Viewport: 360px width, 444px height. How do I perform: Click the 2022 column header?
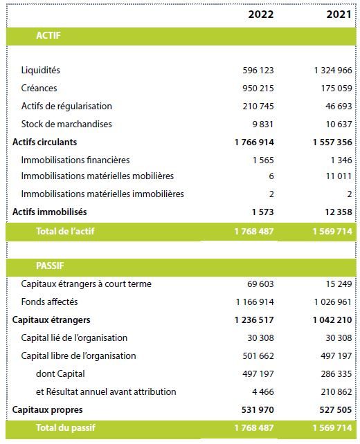coord(261,14)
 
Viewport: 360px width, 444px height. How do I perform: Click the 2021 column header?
coord(339,14)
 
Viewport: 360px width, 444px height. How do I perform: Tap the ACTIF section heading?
coord(48,35)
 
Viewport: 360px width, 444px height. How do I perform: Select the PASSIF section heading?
coord(50,266)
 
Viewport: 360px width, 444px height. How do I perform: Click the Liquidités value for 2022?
coord(258,71)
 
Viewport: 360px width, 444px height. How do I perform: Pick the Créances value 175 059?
coord(336,88)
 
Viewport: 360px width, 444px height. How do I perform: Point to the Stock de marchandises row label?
coord(66,124)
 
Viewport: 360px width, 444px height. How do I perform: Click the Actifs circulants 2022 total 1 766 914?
coord(254,142)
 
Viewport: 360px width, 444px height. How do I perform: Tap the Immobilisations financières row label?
coord(75,160)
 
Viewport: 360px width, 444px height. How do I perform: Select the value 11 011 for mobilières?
coord(339,176)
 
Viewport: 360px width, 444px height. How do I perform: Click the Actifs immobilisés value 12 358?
coord(338,212)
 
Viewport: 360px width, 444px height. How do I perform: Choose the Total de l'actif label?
coord(65,231)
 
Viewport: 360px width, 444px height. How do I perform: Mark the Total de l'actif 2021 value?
coord(332,232)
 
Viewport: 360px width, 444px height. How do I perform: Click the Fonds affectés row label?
coord(49,302)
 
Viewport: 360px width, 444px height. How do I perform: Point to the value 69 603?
coord(260,284)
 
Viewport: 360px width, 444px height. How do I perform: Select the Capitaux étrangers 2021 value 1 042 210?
coord(332,320)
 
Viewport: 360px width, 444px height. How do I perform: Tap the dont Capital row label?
coord(60,373)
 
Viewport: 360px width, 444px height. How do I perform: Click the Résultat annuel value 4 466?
coord(263,391)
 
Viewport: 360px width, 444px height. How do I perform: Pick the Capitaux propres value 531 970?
coord(258,409)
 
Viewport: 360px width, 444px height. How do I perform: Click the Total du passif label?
coord(66,427)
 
